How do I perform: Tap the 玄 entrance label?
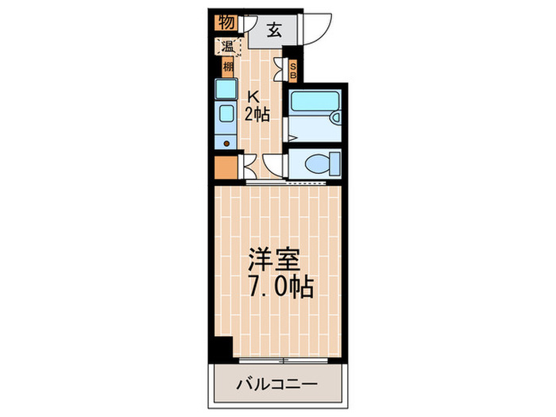coord(273,32)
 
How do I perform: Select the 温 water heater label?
coord(227,46)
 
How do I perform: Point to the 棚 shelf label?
coord(228,67)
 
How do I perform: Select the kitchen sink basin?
coord(226,114)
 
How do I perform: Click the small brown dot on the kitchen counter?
coord(227,145)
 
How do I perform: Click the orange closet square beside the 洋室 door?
coord(226,168)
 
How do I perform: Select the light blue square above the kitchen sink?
coord(226,88)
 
